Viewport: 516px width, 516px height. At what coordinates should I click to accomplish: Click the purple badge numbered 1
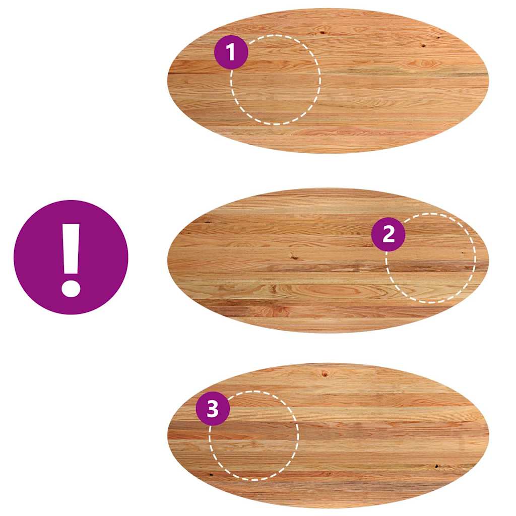click(x=231, y=52)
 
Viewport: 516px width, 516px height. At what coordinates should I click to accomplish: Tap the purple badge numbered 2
click(x=389, y=234)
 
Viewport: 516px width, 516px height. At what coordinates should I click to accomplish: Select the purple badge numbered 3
click(x=213, y=409)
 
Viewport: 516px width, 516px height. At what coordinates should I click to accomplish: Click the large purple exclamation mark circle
click(x=71, y=257)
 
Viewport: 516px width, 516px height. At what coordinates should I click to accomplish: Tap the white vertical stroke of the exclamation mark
click(x=71, y=248)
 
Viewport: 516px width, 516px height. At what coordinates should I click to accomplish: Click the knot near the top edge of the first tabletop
click(x=322, y=32)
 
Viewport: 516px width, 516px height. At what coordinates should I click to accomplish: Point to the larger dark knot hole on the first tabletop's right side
click(x=423, y=45)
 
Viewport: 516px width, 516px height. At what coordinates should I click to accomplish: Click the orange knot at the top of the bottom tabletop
click(x=325, y=373)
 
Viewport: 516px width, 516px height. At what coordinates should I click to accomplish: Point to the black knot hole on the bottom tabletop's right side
click(x=437, y=466)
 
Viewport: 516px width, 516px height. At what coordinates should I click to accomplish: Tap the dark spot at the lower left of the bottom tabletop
click(x=211, y=475)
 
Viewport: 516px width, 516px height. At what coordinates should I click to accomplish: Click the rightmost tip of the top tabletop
click(x=489, y=80)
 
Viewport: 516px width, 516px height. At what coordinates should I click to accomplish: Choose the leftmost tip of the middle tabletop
click(x=167, y=260)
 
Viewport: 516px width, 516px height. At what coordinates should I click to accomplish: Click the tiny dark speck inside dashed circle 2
click(x=463, y=253)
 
